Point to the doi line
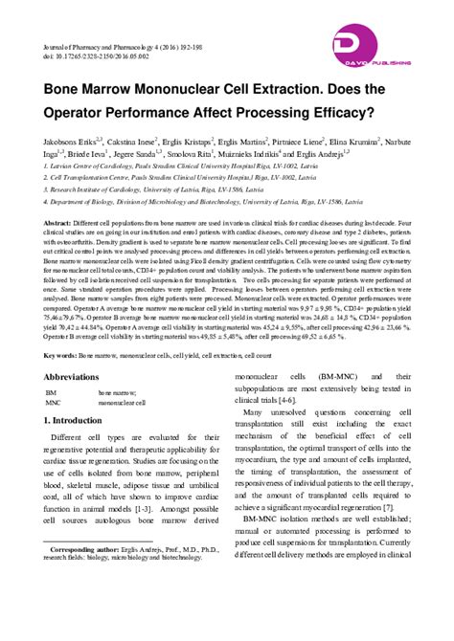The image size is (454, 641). tap(102, 55)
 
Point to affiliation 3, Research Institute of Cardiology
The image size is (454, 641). tap(144, 188)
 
